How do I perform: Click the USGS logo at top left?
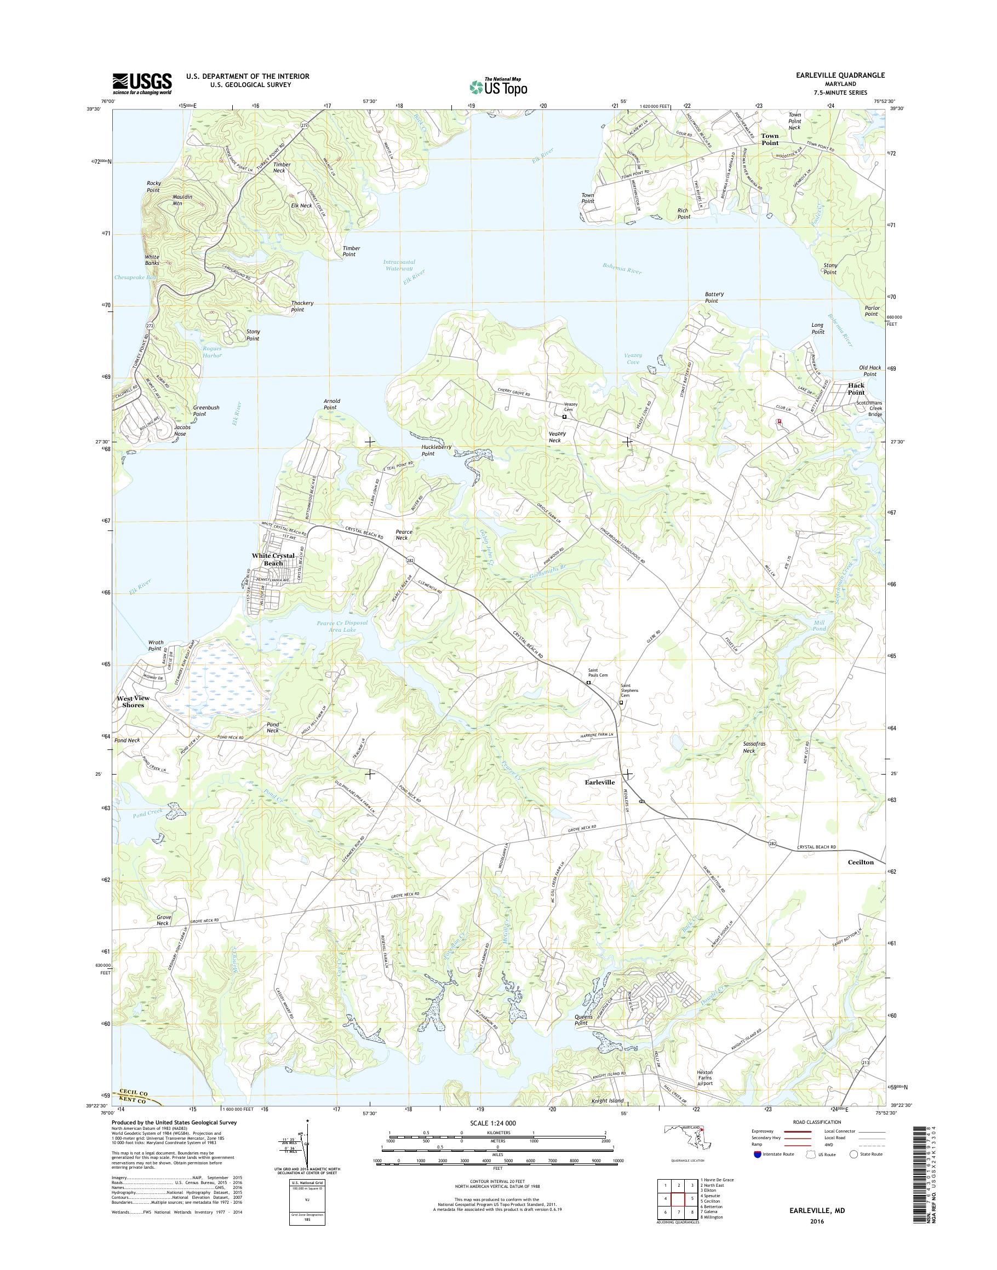pyautogui.click(x=142, y=83)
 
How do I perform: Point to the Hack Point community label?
pyautogui.click(x=856, y=389)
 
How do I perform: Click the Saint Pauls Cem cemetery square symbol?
pyautogui.click(x=588, y=683)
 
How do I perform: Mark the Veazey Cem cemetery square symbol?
pyautogui.click(x=564, y=417)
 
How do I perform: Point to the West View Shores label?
pyautogui.click(x=133, y=702)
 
